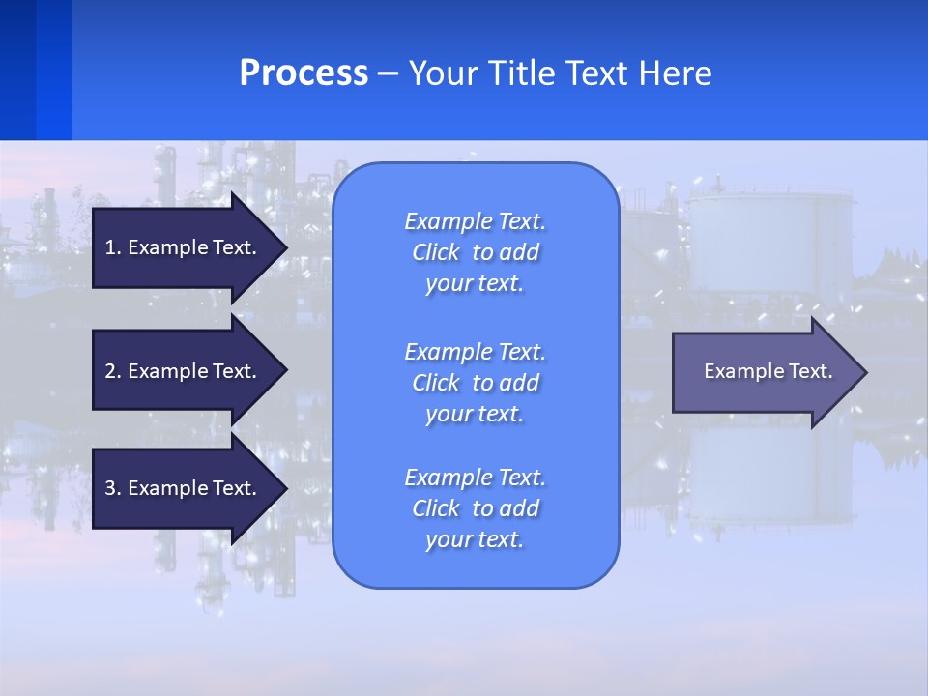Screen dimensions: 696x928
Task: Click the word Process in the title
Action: click(304, 73)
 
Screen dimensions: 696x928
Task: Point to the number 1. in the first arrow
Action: click(113, 247)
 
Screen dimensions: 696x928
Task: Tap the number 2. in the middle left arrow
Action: click(113, 371)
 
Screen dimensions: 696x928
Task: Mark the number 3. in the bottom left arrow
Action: click(113, 488)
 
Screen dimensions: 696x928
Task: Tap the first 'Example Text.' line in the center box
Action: click(476, 221)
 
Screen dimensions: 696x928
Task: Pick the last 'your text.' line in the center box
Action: click(475, 539)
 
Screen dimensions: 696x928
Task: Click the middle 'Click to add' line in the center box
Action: click(476, 383)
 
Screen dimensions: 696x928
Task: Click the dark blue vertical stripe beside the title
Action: click(17, 70)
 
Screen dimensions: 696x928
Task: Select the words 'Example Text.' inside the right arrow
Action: click(768, 371)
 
